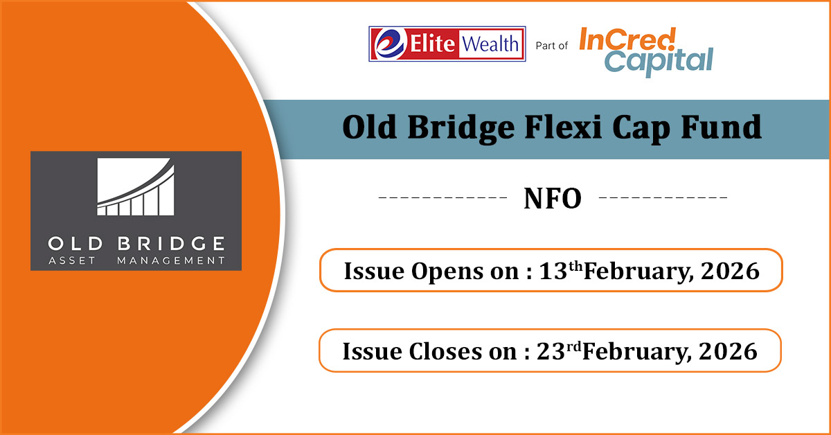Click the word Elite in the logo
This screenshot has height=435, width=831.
point(432,44)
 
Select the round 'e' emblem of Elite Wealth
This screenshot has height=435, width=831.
point(388,44)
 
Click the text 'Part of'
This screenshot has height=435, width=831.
point(552,46)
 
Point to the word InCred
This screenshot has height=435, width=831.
point(627,39)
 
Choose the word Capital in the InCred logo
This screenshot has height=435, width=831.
point(659,61)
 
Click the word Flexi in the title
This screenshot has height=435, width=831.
point(563,127)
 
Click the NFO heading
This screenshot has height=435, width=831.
point(553,198)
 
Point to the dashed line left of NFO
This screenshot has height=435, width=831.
point(443,197)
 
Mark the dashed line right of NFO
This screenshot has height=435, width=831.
point(663,197)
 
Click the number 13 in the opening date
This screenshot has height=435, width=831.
point(553,271)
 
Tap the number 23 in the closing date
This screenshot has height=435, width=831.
point(551,350)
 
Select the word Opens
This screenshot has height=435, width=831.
point(447,272)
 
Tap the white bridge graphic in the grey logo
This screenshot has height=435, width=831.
point(136,187)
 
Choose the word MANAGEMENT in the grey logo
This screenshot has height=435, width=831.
point(171,260)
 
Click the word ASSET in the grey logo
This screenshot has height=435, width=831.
point(72,260)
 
